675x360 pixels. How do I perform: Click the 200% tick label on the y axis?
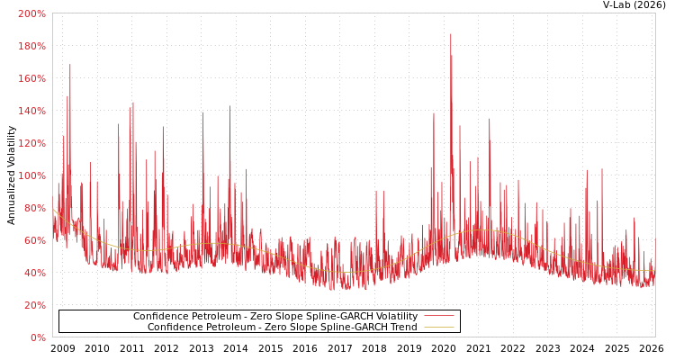coord(31,13)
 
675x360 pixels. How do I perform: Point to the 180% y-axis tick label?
coord(31,46)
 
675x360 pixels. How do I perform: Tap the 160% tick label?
coord(31,78)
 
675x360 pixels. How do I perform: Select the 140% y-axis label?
coord(31,111)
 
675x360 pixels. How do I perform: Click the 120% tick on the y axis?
coord(31,143)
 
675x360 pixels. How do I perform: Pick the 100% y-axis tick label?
coord(31,175)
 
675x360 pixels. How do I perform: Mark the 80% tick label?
coord(34,208)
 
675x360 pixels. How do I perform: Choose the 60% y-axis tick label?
coord(34,240)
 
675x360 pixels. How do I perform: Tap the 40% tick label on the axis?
coord(34,273)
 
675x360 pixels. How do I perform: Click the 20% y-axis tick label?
coord(34,305)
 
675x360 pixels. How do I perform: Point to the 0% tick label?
coord(37,337)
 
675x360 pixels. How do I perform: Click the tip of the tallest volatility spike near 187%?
coord(451,34)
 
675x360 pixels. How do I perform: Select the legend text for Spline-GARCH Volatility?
coord(274,317)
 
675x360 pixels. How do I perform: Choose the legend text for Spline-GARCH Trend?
coord(282,328)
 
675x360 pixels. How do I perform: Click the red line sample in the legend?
coord(438,317)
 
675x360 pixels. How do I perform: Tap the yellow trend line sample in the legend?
coord(438,328)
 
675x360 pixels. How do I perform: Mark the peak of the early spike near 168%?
coord(70,65)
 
